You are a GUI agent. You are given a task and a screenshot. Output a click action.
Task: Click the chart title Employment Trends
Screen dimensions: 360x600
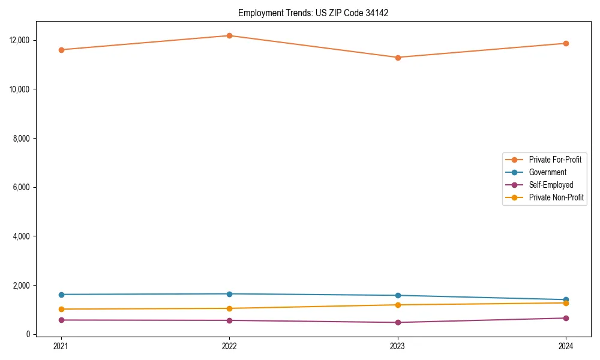click(x=313, y=13)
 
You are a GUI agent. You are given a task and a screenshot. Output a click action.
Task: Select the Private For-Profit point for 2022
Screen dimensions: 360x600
click(x=229, y=35)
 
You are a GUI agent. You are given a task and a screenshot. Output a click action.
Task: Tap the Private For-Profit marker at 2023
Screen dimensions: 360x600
click(x=398, y=58)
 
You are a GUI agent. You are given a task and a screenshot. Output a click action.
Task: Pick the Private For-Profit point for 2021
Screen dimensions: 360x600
click(x=61, y=50)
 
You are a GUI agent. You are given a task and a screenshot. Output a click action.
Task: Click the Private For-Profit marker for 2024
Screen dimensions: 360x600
click(x=566, y=43)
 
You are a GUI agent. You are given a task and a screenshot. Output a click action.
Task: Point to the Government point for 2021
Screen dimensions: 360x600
click(x=61, y=295)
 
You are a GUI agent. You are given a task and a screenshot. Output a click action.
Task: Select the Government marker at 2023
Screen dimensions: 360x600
click(x=398, y=295)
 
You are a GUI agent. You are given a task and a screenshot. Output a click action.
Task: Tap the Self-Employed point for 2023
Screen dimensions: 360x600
click(x=398, y=322)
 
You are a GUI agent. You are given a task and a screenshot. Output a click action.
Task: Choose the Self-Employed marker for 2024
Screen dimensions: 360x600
click(x=566, y=318)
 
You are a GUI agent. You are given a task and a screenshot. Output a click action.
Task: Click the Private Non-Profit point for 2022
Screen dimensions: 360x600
click(x=229, y=308)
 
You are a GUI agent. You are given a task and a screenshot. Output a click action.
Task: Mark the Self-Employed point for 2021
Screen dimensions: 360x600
click(x=61, y=320)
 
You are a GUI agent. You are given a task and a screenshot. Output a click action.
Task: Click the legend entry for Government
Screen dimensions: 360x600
click(x=547, y=172)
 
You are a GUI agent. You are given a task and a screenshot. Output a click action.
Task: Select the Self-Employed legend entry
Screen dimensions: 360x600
click(x=551, y=185)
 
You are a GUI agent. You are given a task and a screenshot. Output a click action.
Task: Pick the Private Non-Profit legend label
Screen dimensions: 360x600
click(x=556, y=197)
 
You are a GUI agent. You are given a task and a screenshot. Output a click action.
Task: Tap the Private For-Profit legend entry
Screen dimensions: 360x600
click(x=555, y=160)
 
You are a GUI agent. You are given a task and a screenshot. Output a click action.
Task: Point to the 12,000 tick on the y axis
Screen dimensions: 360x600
click(x=20, y=40)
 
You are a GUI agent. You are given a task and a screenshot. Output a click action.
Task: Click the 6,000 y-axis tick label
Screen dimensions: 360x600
click(x=22, y=187)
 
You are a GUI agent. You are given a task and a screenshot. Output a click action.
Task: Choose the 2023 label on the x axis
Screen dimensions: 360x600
click(x=398, y=346)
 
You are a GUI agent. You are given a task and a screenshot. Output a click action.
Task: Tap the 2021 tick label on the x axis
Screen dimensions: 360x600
click(x=61, y=346)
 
